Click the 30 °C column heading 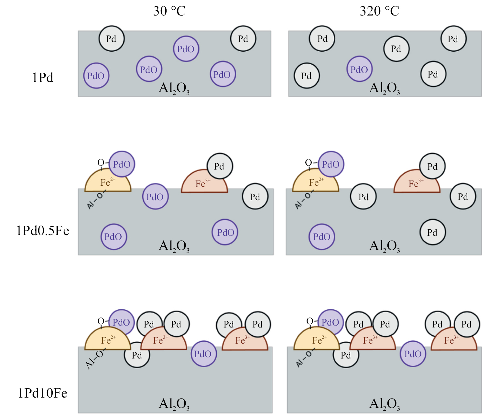[x=169, y=11]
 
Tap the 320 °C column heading [x=379, y=11]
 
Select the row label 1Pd [x=42, y=78]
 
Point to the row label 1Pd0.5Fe [x=43, y=231]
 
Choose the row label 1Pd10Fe [x=42, y=393]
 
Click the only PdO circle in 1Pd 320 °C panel [x=359, y=69]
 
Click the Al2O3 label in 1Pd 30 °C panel [x=174, y=88]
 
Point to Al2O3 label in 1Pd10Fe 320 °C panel [x=385, y=404]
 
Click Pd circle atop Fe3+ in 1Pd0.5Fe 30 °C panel [x=220, y=166]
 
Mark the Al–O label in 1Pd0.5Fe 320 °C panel [x=303, y=200]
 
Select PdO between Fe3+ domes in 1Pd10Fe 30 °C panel [x=203, y=354]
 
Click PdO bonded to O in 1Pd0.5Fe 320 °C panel [x=331, y=164]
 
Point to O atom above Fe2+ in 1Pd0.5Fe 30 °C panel [x=101, y=163]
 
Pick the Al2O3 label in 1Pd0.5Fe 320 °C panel [x=385, y=246]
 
